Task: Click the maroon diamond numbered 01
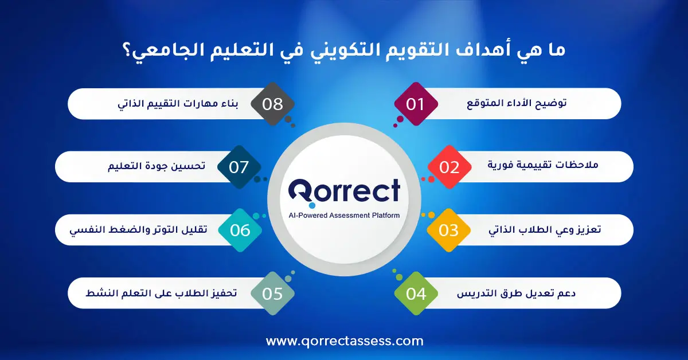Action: pos(416,104)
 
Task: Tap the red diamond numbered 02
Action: pos(449,167)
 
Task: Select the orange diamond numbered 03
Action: pos(449,230)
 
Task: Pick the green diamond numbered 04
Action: pos(416,294)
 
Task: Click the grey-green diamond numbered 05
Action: pos(273,294)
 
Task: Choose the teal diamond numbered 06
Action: pos(240,230)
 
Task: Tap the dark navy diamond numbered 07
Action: pos(239,167)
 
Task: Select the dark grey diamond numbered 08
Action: pos(273,104)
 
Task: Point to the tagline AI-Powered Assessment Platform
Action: pos(345,216)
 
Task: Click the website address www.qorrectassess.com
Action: pos(345,341)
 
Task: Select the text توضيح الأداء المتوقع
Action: pos(517,104)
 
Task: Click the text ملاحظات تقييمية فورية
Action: pos(543,165)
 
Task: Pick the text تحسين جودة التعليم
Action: pos(157,166)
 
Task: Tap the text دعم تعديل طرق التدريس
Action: pos(517,294)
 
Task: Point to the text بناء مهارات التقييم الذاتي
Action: pos(178,104)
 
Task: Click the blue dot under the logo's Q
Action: pos(312,205)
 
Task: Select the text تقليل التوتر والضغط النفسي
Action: pos(139,230)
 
